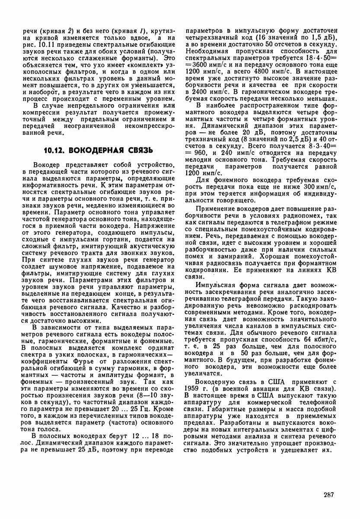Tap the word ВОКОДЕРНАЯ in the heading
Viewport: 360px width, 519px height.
pyautogui.click(x=102, y=151)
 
